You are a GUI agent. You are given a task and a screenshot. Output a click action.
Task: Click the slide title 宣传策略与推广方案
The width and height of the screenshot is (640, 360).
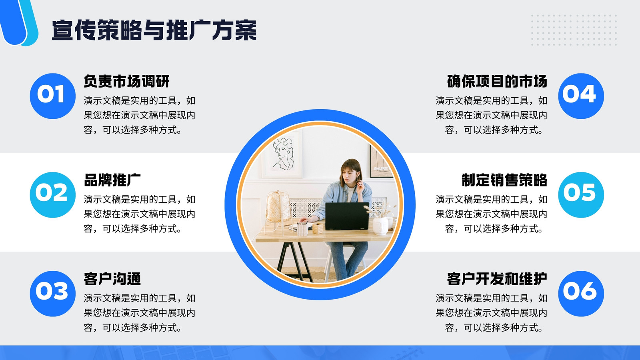pos(154,30)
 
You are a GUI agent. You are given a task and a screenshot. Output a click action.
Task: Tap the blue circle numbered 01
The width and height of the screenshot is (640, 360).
pos(52,96)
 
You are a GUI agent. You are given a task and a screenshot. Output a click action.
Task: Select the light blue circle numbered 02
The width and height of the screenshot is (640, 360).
pos(52,195)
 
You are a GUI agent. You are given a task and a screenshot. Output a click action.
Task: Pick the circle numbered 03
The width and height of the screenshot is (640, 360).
pos(52,294)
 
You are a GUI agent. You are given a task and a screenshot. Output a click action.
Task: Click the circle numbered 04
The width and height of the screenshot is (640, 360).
pos(581,96)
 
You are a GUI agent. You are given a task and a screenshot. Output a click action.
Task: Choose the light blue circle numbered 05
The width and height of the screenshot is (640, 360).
pos(581,195)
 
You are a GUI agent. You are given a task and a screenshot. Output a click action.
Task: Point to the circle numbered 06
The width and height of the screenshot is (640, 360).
pos(581,294)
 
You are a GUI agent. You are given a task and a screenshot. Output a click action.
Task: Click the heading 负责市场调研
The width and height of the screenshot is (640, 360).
pos(126,81)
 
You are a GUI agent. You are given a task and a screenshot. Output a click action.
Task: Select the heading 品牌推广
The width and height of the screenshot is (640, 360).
pos(112,180)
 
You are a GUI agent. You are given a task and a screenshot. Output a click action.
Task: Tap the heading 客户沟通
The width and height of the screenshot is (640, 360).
pos(112,279)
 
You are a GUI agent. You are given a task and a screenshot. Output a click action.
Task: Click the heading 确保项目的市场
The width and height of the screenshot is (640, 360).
pos(497,81)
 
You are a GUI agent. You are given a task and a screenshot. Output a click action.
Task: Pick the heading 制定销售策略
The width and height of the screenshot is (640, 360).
pos(504,180)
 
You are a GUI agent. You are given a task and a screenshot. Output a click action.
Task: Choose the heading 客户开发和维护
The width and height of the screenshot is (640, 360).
pos(497,279)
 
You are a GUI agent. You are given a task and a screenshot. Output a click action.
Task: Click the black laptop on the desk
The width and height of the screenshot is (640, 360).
pos(347,216)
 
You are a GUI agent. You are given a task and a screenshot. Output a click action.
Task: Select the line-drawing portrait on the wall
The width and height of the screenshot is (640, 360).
pos(283,154)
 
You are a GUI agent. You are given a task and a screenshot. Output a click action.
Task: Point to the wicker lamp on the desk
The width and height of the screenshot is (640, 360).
pos(278,208)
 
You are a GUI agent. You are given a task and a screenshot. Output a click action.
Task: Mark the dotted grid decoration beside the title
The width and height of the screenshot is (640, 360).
pos(574,30)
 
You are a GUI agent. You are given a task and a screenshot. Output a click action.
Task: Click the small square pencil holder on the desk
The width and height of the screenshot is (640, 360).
pos(318,228)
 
